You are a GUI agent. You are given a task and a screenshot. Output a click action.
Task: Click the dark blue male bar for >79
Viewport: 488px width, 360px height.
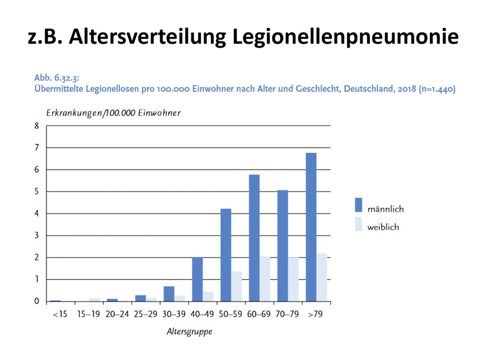(x=311, y=227)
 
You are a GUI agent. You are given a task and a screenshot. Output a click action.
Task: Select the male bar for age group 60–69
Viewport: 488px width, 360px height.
(x=254, y=238)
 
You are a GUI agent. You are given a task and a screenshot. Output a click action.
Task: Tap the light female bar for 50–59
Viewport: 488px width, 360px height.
(x=236, y=286)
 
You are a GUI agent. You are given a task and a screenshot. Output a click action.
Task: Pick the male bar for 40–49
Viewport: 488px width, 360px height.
(x=198, y=279)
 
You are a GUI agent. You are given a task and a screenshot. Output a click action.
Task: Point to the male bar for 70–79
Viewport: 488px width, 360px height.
(x=282, y=246)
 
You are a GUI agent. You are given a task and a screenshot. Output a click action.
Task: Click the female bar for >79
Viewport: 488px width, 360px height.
(x=321, y=277)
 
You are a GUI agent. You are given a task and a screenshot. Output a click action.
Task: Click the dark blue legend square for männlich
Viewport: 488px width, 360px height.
(x=358, y=204)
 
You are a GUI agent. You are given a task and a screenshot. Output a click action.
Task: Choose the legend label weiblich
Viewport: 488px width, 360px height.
(x=383, y=227)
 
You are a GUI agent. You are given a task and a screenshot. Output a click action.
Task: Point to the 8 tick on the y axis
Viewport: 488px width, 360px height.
(x=37, y=125)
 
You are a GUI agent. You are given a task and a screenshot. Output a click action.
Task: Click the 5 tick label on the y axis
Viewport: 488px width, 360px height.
(x=37, y=191)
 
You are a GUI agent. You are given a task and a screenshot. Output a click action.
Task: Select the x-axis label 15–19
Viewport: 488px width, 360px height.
(x=89, y=314)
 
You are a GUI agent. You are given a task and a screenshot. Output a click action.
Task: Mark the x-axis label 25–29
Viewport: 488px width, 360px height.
(x=146, y=314)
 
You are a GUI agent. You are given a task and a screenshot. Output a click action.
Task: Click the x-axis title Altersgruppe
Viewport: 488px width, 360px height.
(x=189, y=331)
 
